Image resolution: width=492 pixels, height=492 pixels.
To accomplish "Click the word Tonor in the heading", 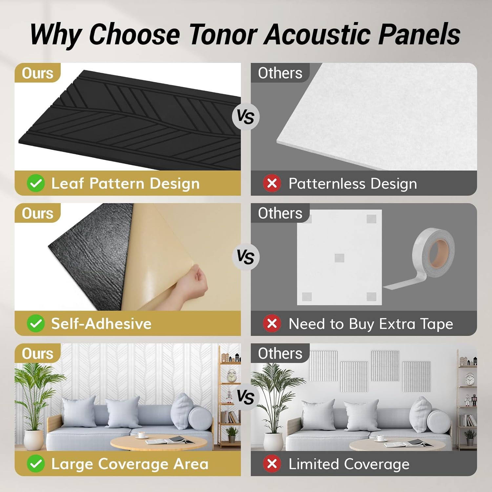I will tap(223, 34).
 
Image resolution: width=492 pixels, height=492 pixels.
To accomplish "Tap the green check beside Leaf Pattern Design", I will tap(36, 183).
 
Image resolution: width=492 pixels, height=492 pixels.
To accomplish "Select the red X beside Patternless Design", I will tap(272, 183).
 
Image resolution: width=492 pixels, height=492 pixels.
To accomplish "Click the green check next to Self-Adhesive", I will tap(36, 323).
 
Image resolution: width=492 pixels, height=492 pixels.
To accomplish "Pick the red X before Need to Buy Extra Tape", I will tap(272, 323).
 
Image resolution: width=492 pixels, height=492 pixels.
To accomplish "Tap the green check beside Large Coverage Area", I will tap(36, 464).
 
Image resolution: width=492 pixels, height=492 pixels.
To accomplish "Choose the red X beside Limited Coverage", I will tap(272, 464).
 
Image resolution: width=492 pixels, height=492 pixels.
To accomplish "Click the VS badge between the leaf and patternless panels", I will tap(246, 116).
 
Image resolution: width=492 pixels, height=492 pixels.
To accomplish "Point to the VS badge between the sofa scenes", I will tap(246, 397).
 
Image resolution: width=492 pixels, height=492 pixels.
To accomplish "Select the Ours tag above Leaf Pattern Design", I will tap(37, 73).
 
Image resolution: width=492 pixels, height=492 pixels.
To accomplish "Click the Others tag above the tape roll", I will tap(280, 213).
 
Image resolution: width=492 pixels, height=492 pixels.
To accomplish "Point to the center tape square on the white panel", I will tap(339, 258).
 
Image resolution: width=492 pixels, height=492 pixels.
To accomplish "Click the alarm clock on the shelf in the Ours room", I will tap(232, 376).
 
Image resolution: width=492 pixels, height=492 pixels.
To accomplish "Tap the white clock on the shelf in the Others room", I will tap(470, 379).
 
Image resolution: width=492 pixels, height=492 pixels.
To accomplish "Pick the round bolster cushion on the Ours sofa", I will tap(200, 418).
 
